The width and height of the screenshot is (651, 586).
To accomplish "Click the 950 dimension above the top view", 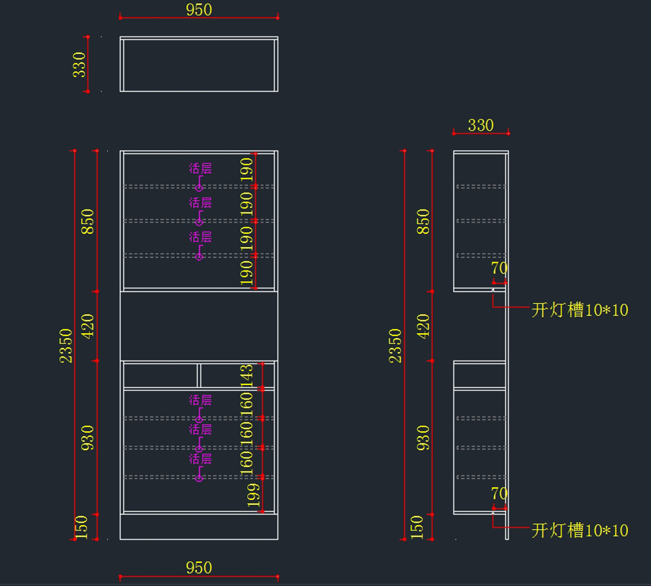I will click(x=199, y=10).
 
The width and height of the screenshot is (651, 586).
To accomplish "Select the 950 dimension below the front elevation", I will click(x=199, y=568).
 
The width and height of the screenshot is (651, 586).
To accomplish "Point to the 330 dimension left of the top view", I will click(x=79, y=65).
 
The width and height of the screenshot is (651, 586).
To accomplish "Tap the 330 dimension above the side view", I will click(x=481, y=125).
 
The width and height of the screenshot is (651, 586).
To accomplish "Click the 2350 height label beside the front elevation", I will click(x=66, y=345).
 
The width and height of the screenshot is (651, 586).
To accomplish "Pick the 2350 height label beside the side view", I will click(x=395, y=345).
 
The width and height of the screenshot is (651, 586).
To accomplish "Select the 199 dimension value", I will click(x=253, y=495).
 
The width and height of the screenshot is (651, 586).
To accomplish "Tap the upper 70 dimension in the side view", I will click(x=499, y=268).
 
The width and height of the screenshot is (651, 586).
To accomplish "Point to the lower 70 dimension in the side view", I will click(x=499, y=493).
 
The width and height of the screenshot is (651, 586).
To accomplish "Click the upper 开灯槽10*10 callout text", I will click(x=579, y=310).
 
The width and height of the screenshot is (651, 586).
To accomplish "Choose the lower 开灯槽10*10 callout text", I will click(x=579, y=530).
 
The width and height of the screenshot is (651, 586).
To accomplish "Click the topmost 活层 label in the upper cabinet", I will click(x=200, y=169).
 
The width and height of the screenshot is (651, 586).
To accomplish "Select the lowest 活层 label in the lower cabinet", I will click(x=200, y=459).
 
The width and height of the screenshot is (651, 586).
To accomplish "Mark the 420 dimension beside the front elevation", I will click(x=87, y=326).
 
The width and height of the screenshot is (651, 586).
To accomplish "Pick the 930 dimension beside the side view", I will click(x=423, y=437).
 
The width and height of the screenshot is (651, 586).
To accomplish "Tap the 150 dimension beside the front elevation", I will click(x=81, y=527).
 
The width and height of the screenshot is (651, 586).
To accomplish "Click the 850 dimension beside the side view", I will click(x=423, y=221).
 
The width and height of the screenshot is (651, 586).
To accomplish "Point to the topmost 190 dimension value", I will click(x=247, y=169).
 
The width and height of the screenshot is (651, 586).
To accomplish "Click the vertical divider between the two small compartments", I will click(x=199, y=375).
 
